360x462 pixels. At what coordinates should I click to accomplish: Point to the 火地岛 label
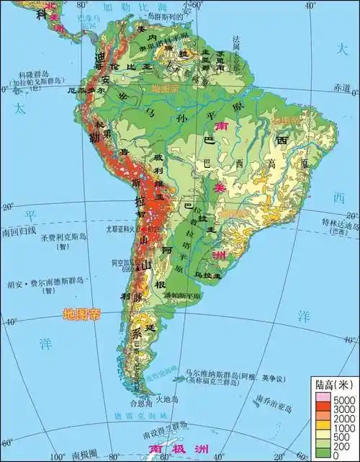coord(167,396)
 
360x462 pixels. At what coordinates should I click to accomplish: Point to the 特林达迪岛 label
coord(340,226)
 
